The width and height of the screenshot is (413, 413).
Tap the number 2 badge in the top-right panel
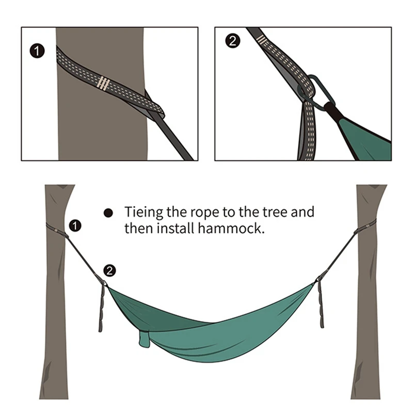(x=232, y=42)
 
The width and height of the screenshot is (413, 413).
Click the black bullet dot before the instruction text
(x=108, y=213)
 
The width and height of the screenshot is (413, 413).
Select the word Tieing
(x=144, y=213)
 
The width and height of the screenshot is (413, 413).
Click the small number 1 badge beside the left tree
(x=76, y=225)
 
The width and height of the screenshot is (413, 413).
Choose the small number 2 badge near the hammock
(x=109, y=270)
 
